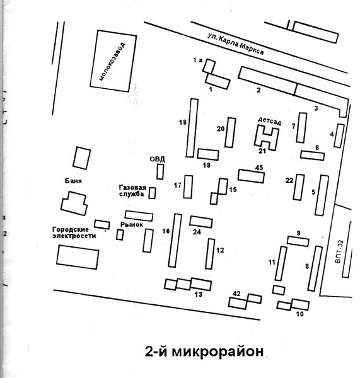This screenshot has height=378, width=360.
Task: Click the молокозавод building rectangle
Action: pyautogui.click(x=113, y=61)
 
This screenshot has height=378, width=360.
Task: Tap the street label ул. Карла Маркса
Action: pyautogui.click(x=236, y=44)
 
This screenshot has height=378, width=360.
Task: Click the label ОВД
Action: pyautogui.click(x=157, y=159)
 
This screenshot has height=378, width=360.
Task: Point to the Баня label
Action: pyautogui.click(x=73, y=181)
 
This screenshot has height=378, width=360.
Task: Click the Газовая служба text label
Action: pyautogui.click(x=132, y=191)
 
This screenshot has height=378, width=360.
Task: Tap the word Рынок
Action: pyautogui.click(x=132, y=225)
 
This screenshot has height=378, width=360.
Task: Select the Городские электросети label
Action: pyautogui.click(x=74, y=232)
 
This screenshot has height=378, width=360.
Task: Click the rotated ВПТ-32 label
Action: pyautogui.click(x=339, y=251)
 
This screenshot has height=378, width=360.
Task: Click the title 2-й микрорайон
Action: pyautogui.click(x=204, y=352)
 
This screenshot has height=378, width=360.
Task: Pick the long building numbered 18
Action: pyautogui.click(x=192, y=128)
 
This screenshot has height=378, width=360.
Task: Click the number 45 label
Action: pyautogui.click(x=259, y=168)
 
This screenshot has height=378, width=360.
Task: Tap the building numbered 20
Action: pyautogui.click(x=230, y=132)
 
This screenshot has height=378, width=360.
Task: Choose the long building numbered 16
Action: pyautogui.click(x=175, y=241)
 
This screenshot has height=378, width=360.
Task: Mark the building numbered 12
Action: pyautogui.click(x=210, y=254)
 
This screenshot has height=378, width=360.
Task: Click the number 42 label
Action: pyautogui.click(x=236, y=294)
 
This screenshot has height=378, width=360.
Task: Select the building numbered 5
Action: pyautogui.click(x=322, y=195)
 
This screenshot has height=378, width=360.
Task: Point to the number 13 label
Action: pyautogui.click(x=199, y=294)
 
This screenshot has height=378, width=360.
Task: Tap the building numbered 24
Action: pyautogui.click(x=201, y=222)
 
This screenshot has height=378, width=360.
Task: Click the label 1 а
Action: pyautogui.click(x=197, y=60)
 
